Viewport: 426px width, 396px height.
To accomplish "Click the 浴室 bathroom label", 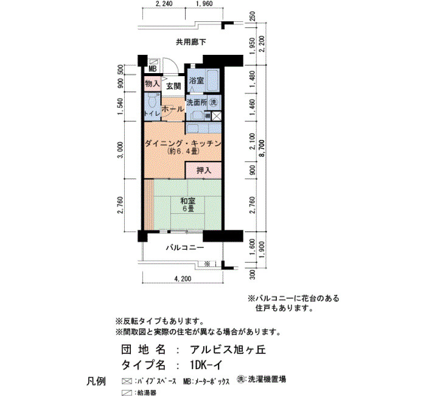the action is tap(197, 80).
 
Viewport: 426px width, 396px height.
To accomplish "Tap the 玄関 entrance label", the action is tap(173, 87).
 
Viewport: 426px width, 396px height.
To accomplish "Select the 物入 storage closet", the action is tap(152, 84).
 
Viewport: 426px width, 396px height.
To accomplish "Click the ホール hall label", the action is tap(173, 109).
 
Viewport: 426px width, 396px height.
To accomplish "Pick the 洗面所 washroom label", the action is tap(197, 102).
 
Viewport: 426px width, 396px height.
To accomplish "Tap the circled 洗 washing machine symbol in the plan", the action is tap(214, 102).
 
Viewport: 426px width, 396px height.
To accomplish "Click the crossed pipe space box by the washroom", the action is tap(217, 116).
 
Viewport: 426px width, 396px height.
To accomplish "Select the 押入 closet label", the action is tap(204, 171).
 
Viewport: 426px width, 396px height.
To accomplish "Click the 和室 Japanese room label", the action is tap(188, 201).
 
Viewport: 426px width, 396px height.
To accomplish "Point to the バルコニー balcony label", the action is tap(185, 248).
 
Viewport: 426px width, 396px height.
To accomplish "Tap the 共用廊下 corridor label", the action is tap(191, 42).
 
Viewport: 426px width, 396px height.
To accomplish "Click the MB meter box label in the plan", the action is tap(153, 69).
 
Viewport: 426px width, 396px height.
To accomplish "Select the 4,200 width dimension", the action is tap(183, 278).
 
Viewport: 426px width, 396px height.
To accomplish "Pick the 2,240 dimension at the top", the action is tap(164, 4).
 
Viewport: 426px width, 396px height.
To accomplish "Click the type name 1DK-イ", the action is tap(206, 365).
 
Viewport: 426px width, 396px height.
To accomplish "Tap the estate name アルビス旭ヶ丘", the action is tap(228, 350).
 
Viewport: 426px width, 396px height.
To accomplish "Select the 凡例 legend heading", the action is tap(96, 381).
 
